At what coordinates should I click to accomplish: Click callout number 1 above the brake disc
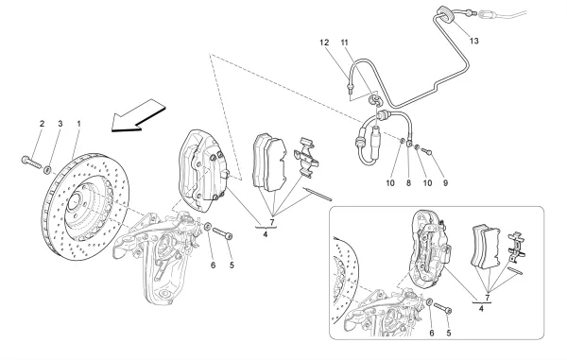[x=77, y=124]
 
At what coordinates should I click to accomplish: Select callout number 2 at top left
[x=42, y=124]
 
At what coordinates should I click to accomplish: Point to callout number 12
[x=323, y=43]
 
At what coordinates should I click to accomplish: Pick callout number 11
[x=345, y=43]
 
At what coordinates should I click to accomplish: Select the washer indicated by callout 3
[x=46, y=169]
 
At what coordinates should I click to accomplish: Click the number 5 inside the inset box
[x=448, y=333]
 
